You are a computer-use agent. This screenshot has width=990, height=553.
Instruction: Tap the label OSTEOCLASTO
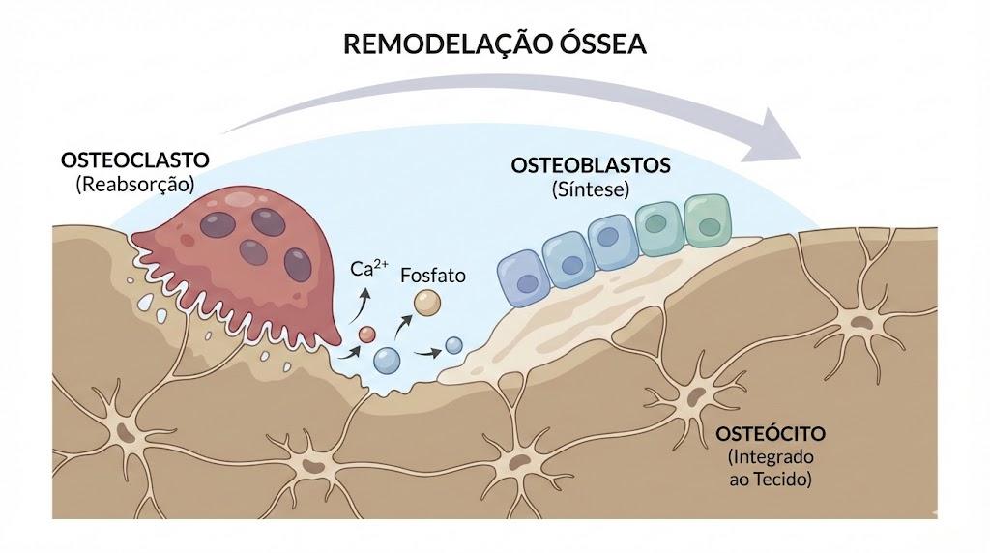pos(135,160)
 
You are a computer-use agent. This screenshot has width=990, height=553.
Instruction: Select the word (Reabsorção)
pos(135,185)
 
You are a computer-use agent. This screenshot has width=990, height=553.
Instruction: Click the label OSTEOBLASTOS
pos(591,165)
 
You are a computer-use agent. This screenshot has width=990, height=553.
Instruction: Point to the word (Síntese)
pos(591,189)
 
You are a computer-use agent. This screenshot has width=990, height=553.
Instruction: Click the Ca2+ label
pos(368,268)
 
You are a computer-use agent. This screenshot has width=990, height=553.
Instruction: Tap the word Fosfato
pos(433,276)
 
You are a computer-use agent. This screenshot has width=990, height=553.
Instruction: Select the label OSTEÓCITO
pos(771,434)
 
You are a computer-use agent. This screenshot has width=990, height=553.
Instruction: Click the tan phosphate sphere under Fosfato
pos(427,303)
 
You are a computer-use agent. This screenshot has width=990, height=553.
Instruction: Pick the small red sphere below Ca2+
pos(366,335)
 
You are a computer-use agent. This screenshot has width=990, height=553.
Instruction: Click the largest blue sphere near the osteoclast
pos(387,361)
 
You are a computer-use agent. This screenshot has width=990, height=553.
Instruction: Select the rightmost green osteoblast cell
pos(708,219)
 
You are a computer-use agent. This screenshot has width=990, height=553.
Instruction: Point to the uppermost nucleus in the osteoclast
pos(269,221)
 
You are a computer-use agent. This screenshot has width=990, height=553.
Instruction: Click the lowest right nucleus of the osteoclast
pos(298,265)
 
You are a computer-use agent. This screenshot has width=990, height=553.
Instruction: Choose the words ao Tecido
pos(771,480)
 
